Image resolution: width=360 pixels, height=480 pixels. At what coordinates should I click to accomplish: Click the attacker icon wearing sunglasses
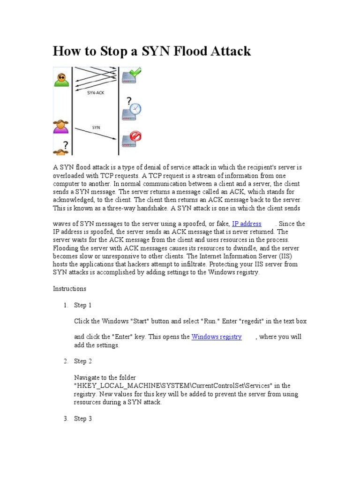60,80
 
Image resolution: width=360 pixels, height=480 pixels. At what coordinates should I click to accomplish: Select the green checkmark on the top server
135,73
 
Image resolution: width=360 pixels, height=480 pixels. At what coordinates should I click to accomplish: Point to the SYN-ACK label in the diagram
96,93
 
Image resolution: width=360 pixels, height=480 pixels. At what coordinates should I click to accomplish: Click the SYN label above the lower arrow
96,127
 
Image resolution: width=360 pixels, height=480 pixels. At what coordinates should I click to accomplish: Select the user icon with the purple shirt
60,127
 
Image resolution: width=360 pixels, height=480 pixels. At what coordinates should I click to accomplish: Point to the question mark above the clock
128,101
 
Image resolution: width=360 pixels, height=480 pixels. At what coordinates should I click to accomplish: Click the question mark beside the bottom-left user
66,145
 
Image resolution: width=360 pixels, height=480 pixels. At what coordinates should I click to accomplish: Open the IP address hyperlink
247,224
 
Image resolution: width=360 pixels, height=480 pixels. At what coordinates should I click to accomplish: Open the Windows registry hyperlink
217,337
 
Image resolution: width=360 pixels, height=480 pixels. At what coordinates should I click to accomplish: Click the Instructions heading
69,289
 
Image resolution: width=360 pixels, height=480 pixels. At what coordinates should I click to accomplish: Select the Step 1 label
83,305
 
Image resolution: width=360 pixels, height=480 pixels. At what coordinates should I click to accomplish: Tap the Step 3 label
83,419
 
